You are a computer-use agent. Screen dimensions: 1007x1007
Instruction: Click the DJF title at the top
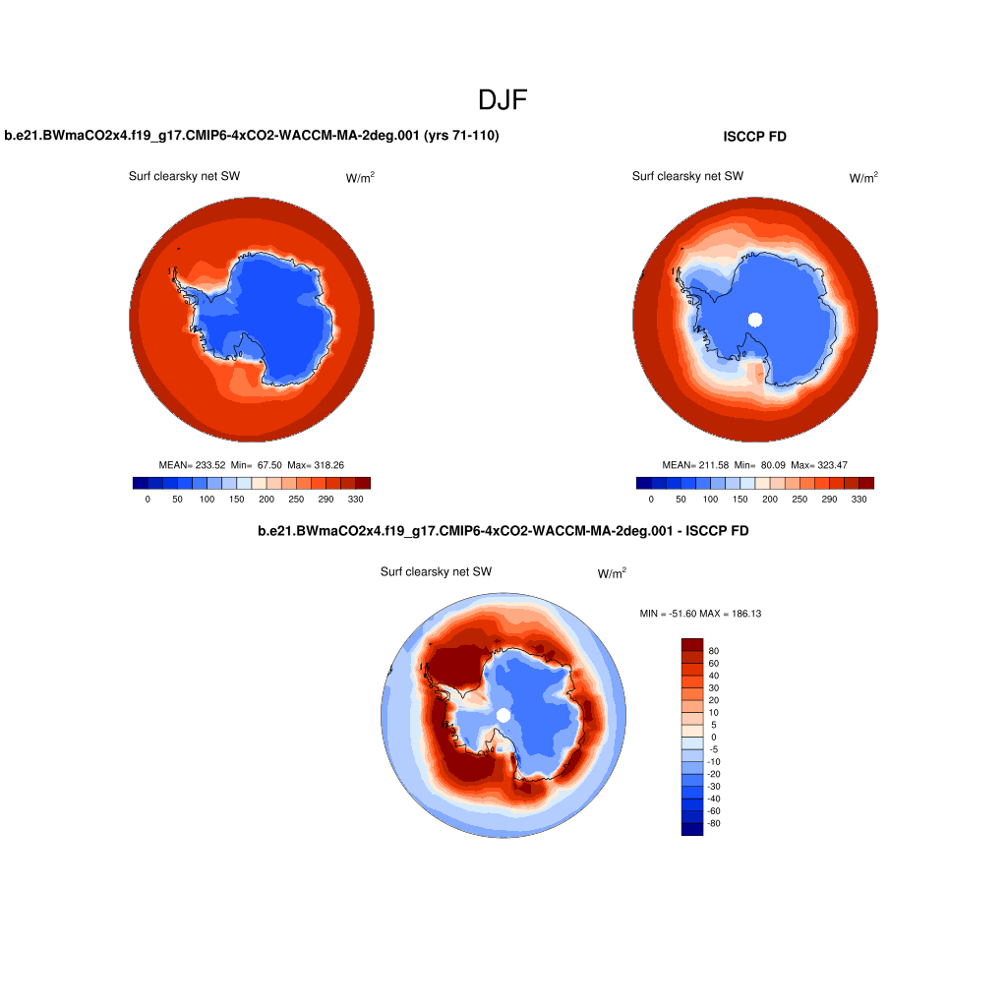coord(503,99)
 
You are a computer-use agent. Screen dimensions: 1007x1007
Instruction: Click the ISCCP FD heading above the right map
coord(754,137)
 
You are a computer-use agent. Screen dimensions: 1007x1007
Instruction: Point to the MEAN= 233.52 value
coord(192,464)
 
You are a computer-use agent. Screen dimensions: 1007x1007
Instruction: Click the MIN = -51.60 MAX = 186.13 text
coord(700,614)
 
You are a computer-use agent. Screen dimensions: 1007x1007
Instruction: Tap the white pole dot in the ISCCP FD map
coord(755,318)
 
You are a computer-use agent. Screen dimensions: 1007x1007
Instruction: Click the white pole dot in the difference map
coord(503,715)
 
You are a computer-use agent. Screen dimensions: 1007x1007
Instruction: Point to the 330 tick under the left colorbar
coord(356,500)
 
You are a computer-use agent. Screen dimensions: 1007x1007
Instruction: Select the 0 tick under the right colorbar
coord(651,500)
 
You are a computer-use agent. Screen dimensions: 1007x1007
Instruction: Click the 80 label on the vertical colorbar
coord(714,651)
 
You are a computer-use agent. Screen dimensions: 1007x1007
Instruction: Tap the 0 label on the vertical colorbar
coord(714,737)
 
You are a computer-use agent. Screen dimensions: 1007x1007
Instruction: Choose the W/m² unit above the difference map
coord(612,573)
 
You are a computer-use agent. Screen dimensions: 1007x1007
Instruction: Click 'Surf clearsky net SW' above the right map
coord(687,176)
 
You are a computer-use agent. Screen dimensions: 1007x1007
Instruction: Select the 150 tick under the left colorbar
coord(236,500)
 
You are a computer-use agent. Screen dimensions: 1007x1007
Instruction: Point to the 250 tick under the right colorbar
coord(799,500)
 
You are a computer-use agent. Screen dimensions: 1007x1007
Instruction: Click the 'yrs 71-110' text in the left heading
coord(461,136)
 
